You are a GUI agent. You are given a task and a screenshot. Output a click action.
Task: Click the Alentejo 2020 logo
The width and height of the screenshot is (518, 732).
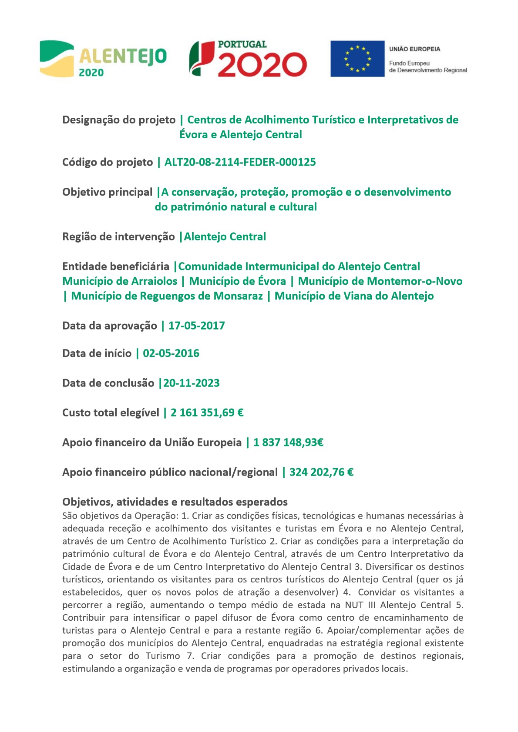pos(103,59)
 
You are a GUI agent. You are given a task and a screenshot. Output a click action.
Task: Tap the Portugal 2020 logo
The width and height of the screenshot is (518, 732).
pos(248,59)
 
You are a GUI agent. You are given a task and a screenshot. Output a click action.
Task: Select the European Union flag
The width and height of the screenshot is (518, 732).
pos(357,59)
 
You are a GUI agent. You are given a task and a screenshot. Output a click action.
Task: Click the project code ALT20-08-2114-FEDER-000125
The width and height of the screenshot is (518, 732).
pos(240,162)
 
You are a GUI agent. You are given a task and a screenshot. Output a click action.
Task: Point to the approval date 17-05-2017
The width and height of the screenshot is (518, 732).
pos(196,326)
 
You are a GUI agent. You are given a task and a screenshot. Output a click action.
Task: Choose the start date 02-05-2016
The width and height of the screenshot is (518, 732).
pos(171,353)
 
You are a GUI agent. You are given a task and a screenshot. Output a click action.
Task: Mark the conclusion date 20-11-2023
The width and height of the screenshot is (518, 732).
pos(192,383)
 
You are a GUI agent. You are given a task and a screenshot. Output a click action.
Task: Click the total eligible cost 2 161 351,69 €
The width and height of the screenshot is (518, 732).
pos(207,413)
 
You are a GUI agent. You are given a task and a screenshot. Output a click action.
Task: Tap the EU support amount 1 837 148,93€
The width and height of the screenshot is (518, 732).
pos(288,443)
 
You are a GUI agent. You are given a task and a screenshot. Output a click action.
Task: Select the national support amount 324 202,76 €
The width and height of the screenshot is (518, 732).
pos(321,472)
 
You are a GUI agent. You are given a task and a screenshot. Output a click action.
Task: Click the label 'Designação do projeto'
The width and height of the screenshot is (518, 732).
pos(119,120)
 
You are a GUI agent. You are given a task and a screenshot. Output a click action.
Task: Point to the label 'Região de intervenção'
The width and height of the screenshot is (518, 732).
pos(118,236)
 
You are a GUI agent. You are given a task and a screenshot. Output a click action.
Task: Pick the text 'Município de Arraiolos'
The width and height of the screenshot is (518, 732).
pos(120,281)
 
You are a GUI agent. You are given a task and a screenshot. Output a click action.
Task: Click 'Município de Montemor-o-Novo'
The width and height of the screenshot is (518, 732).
pos(380,281)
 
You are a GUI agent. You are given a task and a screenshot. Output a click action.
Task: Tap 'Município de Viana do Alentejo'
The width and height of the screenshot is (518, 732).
pos(354,296)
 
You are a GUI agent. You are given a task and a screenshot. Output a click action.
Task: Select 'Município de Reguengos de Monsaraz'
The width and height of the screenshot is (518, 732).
pos(167,296)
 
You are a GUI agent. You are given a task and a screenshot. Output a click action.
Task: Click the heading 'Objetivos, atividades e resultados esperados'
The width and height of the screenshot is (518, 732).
pos(175,502)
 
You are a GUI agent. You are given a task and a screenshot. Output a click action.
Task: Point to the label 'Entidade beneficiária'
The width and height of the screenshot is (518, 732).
pos(116,266)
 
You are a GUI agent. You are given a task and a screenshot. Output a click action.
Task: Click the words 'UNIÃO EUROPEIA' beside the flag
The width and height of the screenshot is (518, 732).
pos(414,49)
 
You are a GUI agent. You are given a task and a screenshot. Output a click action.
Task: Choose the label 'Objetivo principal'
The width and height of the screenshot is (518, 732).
pos(107,192)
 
